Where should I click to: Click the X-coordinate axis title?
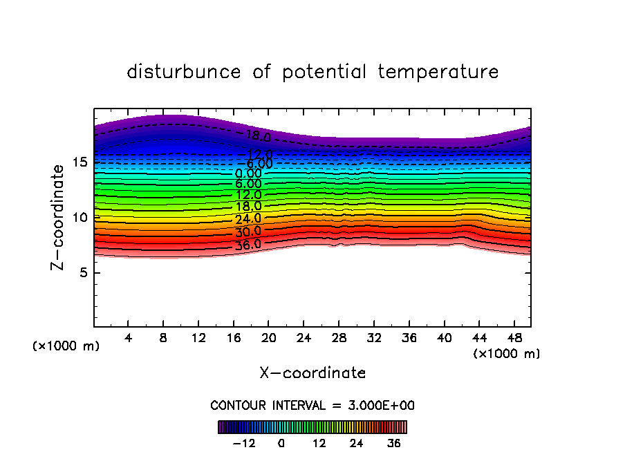coord(312,373)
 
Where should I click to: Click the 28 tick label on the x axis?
coord(339,338)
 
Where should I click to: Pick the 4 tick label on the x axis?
coord(129,338)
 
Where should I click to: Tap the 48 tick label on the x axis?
coord(514,338)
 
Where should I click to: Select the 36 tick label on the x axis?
coord(409,338)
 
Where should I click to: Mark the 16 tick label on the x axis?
coord(234,338)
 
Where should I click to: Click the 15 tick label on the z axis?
coord(80,162)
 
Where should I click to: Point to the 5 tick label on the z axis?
coord(84,272)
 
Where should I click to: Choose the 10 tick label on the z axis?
coord(80,217)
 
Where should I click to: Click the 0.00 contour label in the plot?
coord(248,173)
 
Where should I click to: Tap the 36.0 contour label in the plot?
coord(248,244)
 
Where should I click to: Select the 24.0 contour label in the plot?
coord(248,219)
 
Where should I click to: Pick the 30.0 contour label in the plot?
coord(248,232)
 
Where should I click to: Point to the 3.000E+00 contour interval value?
coord(379,405)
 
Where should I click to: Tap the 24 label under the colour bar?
coord(356,443)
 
